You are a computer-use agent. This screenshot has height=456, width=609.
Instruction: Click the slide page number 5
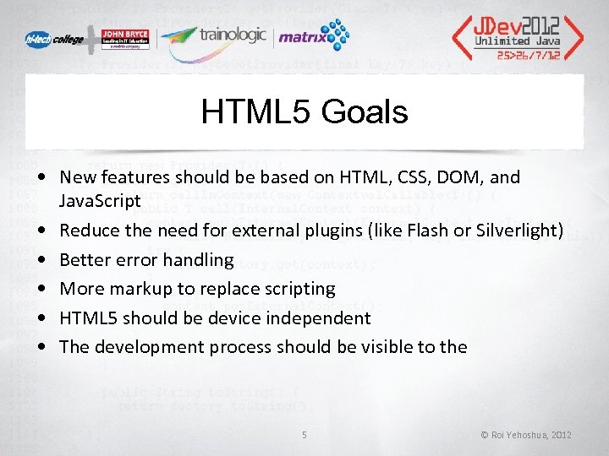[304, 435]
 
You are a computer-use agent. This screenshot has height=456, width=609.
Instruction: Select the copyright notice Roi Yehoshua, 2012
[526, 435]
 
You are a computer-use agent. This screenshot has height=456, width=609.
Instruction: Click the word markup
[138, 289]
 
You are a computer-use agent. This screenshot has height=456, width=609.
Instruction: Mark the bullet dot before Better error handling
[41, 260]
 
